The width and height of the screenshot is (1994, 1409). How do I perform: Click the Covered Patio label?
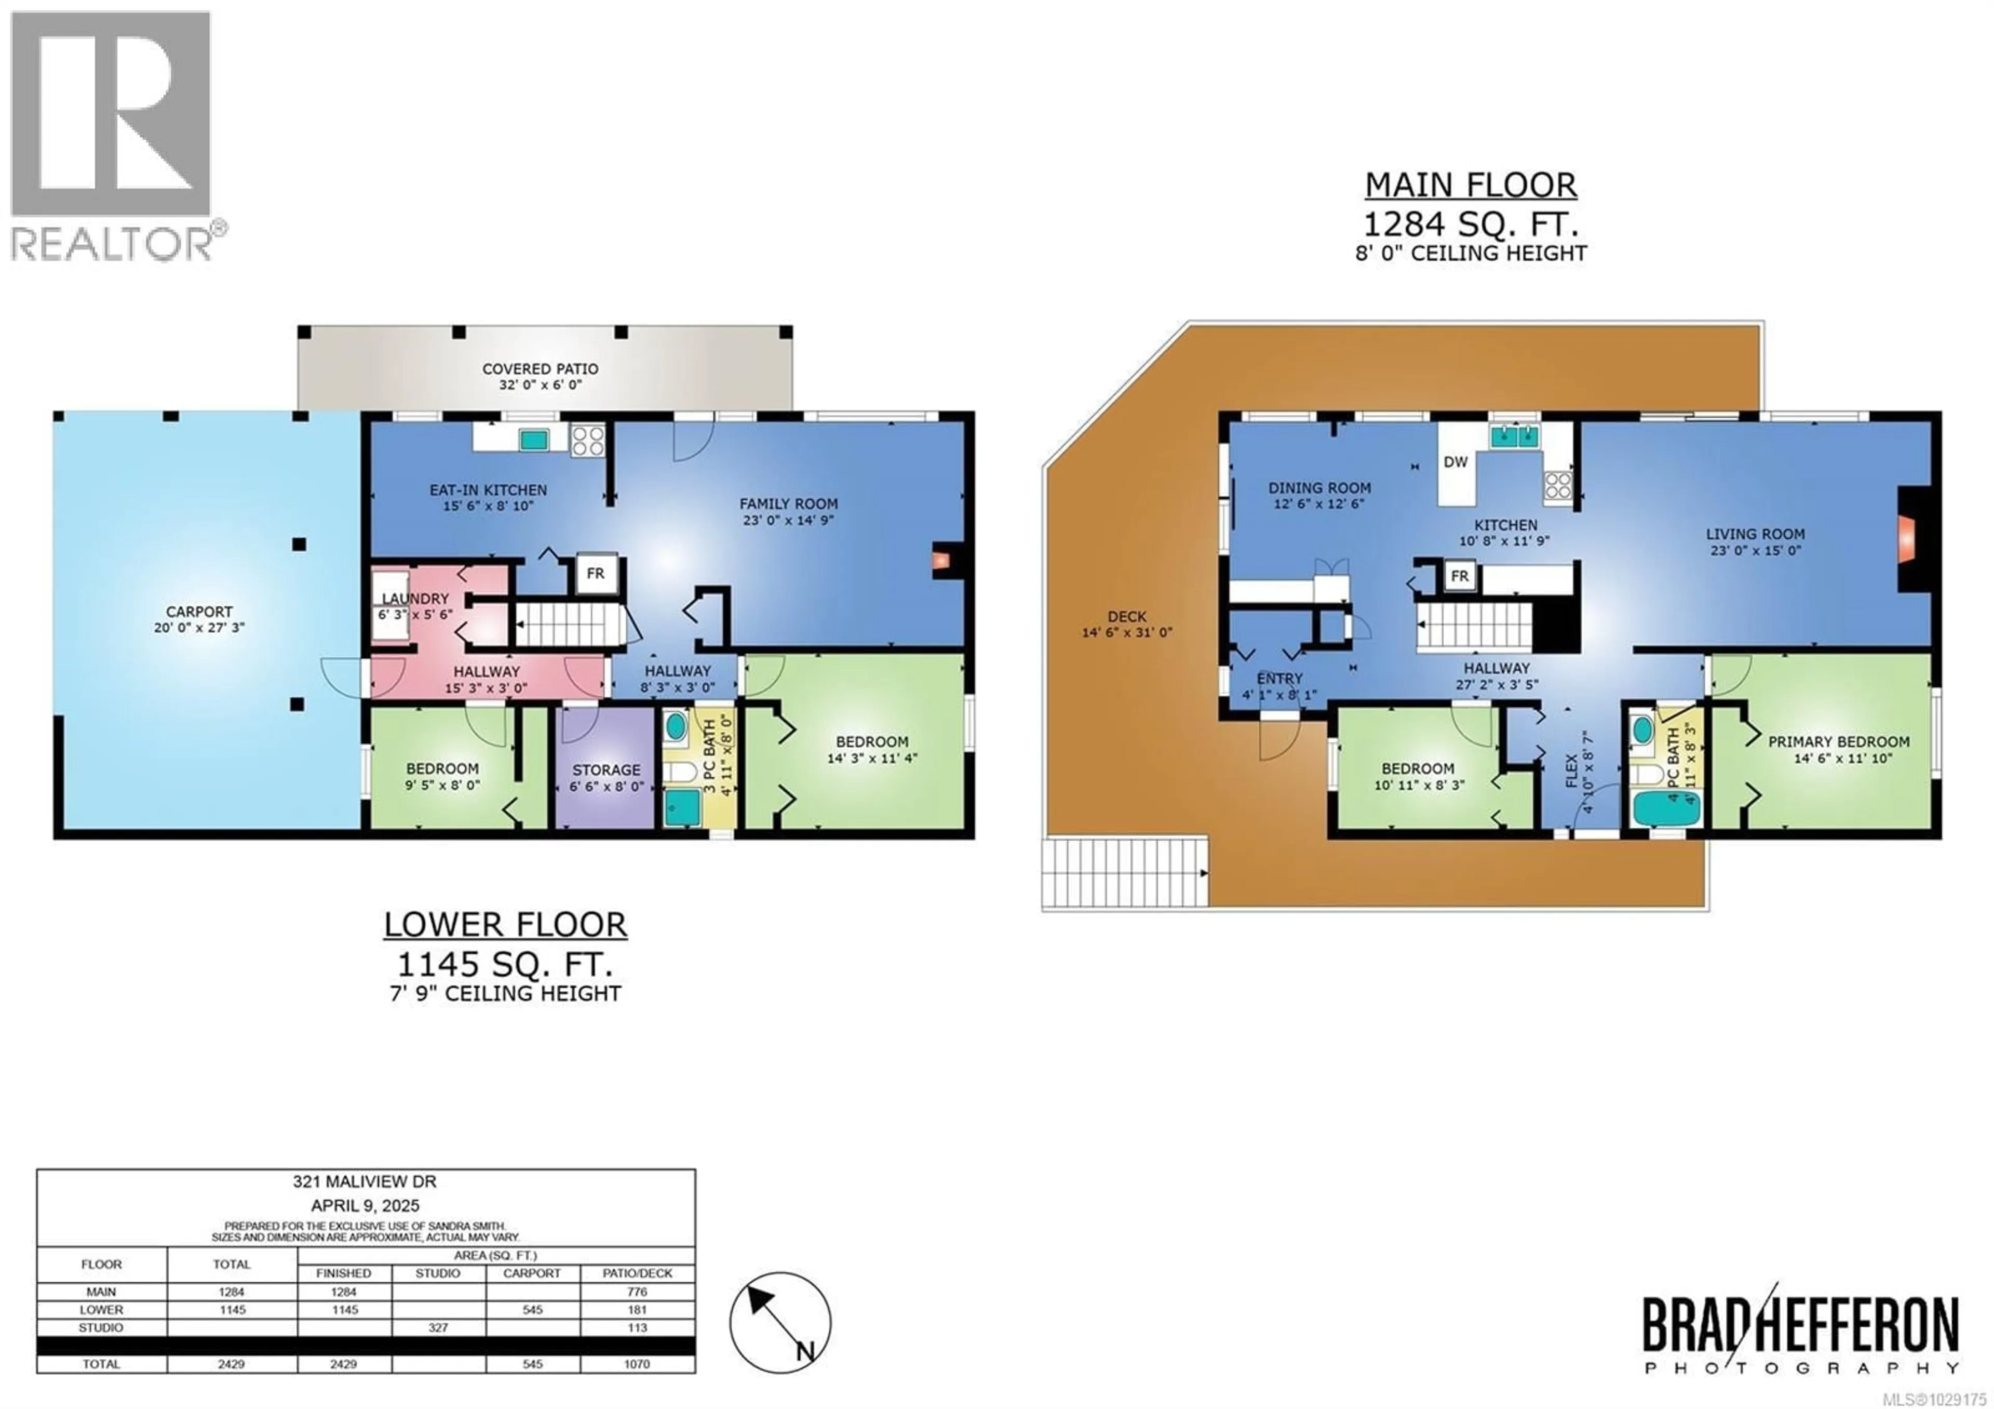540,368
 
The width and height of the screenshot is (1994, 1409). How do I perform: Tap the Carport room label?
199,612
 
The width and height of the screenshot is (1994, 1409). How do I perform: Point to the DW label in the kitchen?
1456,462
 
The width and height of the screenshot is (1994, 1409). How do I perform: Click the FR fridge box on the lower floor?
596,574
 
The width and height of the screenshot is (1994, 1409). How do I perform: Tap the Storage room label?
606,769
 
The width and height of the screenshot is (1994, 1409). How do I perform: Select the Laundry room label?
415,599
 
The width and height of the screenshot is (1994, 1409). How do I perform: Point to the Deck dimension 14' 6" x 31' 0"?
1126,632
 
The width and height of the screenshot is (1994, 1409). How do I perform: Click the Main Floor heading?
1470,185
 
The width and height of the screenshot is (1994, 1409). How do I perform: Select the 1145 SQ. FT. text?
505,964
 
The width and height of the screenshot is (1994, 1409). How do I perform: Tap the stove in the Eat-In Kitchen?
587,441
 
